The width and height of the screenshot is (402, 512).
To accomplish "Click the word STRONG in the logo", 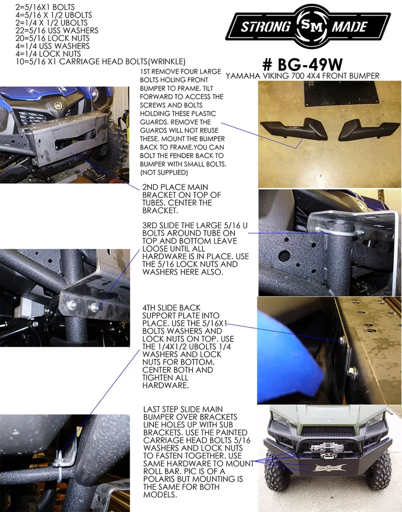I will [x=265, y=26].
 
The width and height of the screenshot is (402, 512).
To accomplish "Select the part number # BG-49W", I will [x=302, y=64].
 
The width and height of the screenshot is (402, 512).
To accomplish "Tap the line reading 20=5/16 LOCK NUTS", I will [x=49, y=38].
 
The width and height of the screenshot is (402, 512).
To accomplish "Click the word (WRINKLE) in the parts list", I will [x=167, y=61].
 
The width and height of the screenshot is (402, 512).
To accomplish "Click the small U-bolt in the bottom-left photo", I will [x=59, y=458].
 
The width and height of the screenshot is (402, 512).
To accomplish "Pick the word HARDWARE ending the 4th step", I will [x=165, y=385].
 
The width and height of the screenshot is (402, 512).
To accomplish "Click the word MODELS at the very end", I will [x=160, y=494].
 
